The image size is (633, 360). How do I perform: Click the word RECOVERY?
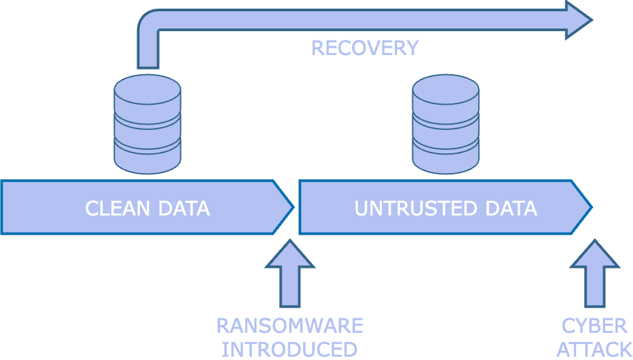[365, 48]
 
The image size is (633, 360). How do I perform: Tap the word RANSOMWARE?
[290, 326]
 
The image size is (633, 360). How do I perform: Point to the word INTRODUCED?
[290, 349]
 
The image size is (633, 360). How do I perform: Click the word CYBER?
[594, 326]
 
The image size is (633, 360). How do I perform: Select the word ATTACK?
[594, 349]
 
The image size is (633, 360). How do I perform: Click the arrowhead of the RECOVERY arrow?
[577, 19]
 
